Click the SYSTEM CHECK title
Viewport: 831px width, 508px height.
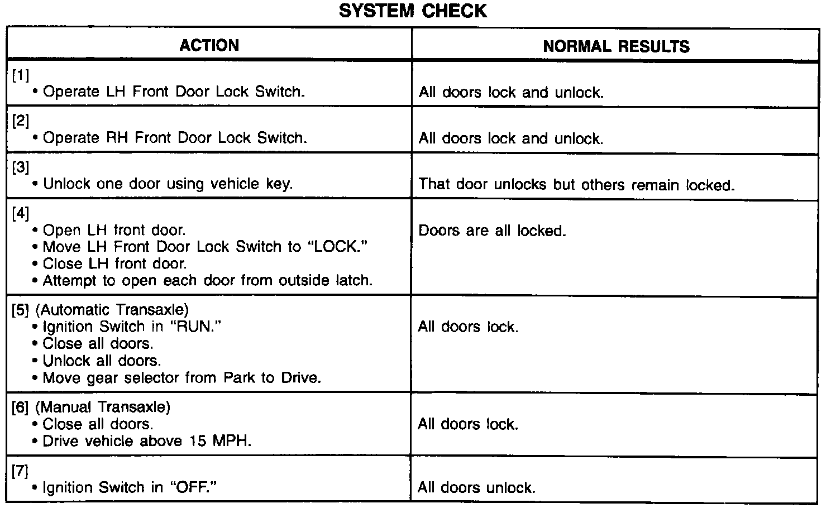[413, 11]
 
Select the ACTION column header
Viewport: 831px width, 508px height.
[209, 45]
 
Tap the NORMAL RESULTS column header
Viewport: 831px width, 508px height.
[616, 46]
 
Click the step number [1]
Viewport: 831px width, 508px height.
[20, 76]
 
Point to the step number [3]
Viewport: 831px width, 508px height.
[20, 167]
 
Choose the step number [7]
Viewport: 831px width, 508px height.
[20, 471]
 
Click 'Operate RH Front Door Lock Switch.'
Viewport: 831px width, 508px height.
[175, 138]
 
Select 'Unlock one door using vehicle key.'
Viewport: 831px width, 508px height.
[168, 184]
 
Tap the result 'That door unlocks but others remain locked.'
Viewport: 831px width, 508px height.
[576, 185]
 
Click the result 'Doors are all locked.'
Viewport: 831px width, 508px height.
[492, 231]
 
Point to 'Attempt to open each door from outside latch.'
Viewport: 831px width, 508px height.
[207, 280]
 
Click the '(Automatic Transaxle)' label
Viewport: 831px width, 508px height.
[112, 309]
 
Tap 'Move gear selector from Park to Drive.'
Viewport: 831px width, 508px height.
[182, 378]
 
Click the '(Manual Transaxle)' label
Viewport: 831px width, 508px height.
[103, 407]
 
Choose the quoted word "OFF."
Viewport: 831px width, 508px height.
[193, 487]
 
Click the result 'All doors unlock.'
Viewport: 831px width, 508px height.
[476, 488]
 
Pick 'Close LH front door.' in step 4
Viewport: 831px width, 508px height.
[114, 263]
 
